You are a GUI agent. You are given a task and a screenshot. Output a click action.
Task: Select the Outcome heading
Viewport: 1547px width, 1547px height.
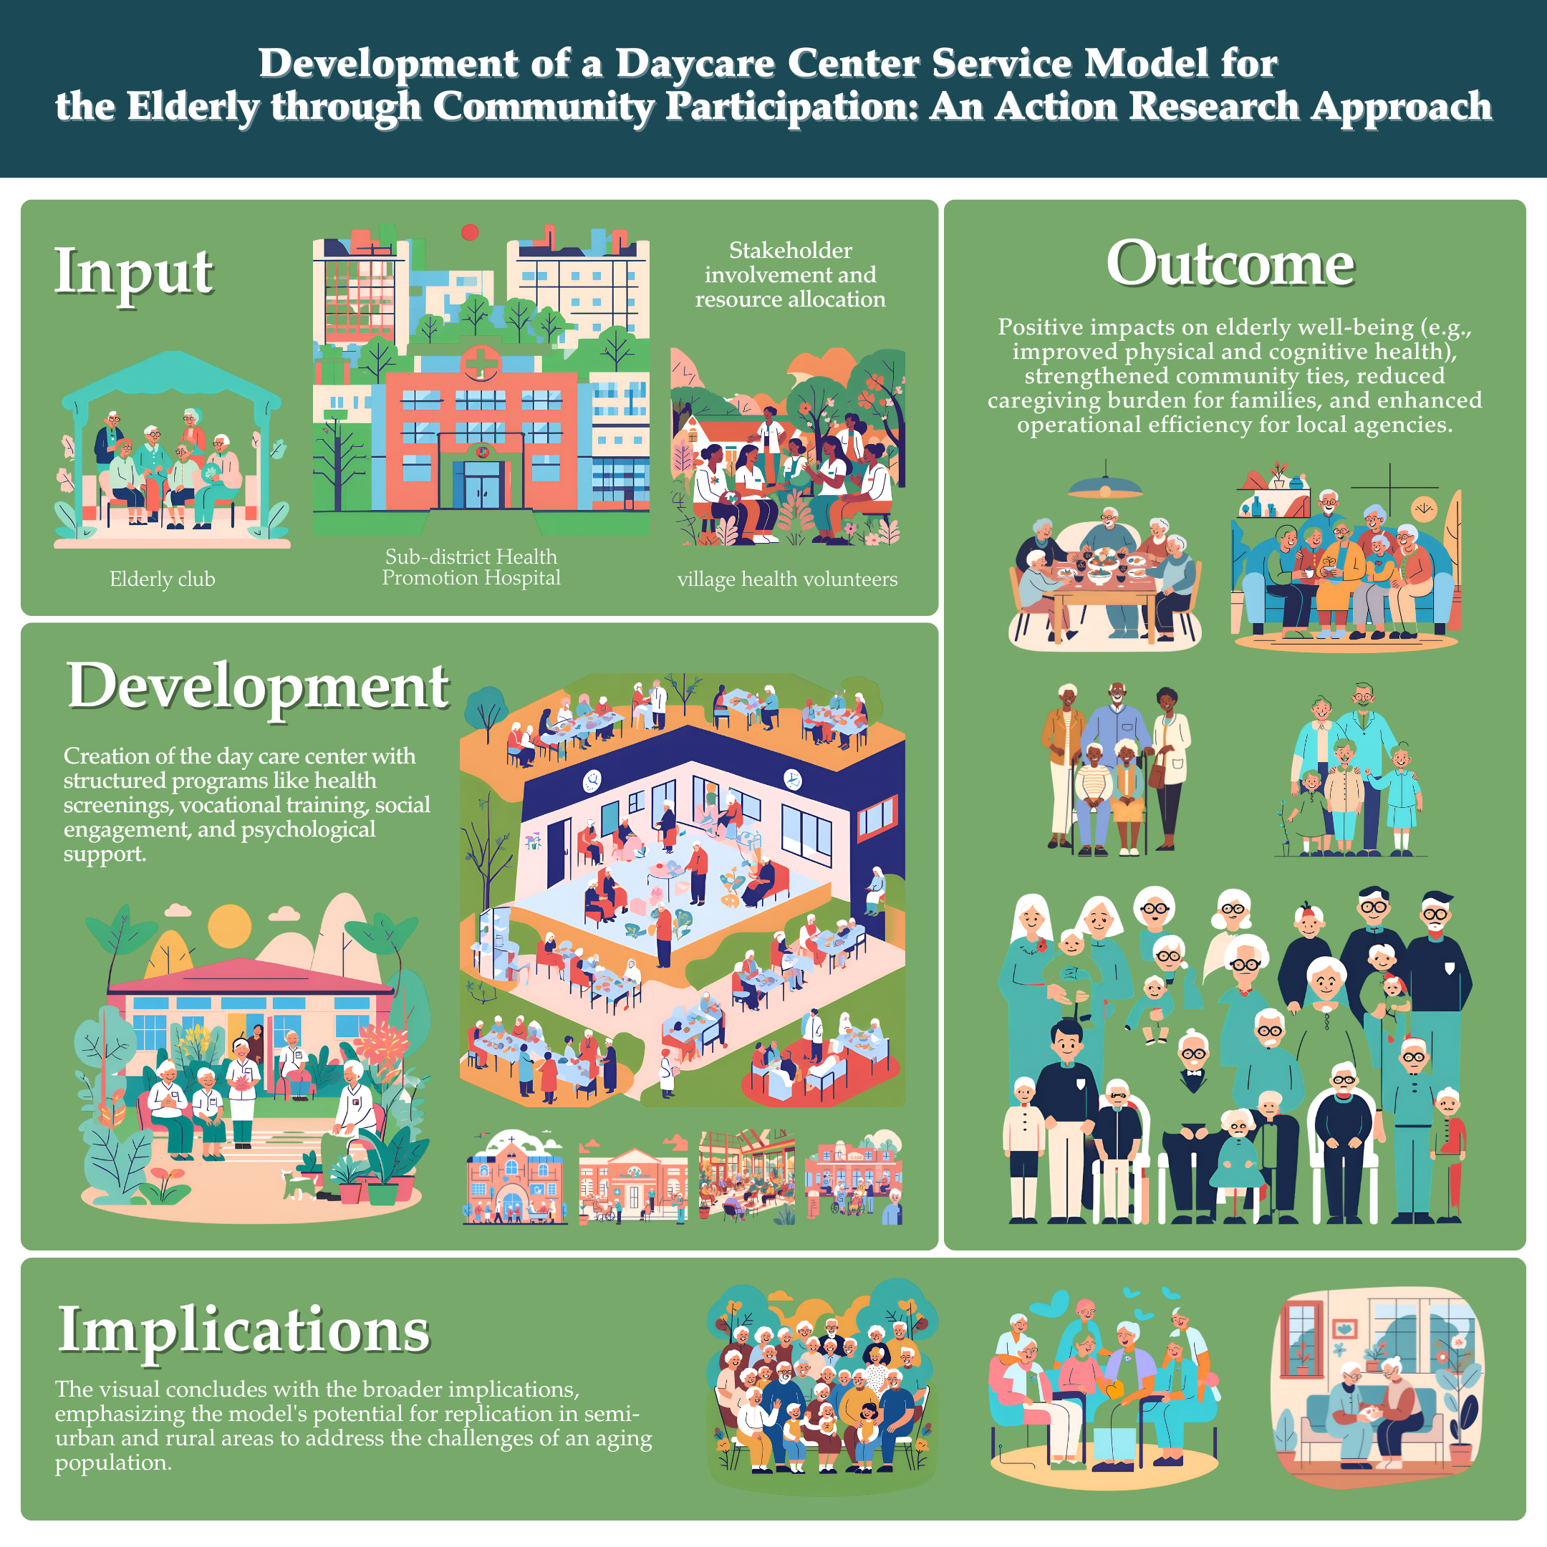(1230, 264)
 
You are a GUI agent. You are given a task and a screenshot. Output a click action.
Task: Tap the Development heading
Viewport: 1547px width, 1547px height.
(258, 687)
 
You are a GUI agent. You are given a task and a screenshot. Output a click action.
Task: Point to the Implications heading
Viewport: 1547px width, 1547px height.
(244, 1331)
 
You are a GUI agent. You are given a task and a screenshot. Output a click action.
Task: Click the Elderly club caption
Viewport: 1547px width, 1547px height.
(163, 579)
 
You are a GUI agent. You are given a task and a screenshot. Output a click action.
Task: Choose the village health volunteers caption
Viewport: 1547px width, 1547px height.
(787, 579)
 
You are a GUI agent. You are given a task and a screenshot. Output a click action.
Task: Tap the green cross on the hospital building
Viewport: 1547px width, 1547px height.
(481, 362)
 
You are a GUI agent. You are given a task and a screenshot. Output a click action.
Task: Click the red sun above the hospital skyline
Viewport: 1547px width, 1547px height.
(470, 232)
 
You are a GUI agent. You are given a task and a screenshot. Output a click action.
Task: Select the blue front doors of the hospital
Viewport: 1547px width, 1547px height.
(481, 488)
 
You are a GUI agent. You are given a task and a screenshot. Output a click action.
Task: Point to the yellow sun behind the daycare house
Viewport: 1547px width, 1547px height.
(229, 927)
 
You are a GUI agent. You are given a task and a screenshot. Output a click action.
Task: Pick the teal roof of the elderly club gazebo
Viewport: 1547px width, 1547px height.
(171, 376)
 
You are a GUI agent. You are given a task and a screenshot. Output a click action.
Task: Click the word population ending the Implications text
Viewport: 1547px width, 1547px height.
(113, 1463)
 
